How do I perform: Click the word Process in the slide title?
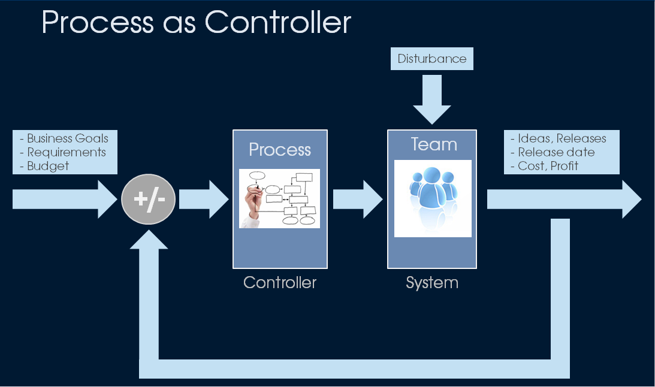click(x=97, y=23)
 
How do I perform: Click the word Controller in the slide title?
click(x=277, y=23)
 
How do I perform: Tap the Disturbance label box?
click(x=432, y=59)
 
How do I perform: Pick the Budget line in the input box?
click(x=49, y=166)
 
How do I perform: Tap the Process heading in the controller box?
click(x=280, y=149)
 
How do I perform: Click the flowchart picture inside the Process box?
click(x=280, y=198)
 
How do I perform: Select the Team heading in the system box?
click(x=433, y=144)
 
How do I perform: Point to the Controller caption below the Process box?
click(x=280, y=282)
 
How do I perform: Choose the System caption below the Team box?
click(x=432, y=282)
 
